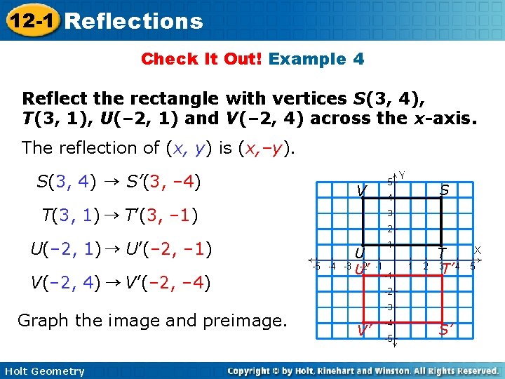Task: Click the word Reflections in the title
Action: point(134,21)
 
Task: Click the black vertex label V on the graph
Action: point(361,190)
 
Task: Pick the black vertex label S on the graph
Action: point(445,189)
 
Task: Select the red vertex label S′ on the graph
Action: point(445,328)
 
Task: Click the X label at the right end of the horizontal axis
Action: point(477,250)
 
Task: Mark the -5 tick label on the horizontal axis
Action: point(316,266)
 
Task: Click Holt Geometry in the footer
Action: point(43,371)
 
